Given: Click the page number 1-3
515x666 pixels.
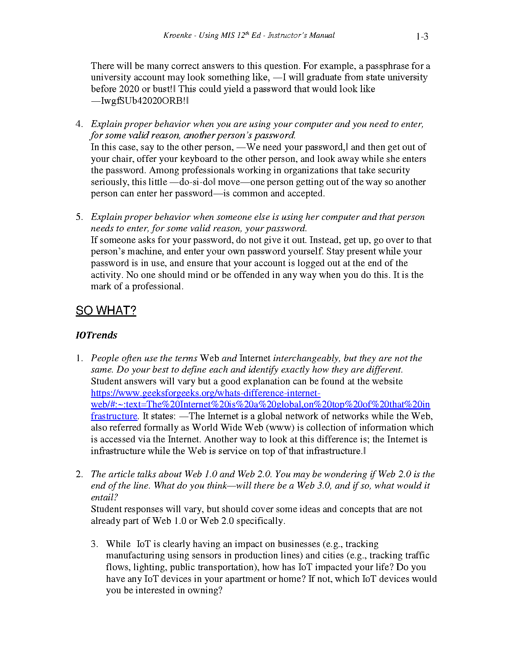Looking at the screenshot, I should (x=422, y=37).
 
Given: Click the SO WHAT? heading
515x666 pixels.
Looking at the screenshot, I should (x=106, y=311).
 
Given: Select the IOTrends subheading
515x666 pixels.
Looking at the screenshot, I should (x=96, y=335).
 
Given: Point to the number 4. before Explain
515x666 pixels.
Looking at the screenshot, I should (x=79, y=124).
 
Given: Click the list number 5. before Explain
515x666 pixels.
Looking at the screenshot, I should (x=79, y=217).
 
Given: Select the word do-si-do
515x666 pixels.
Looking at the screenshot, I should (x=196, y=182).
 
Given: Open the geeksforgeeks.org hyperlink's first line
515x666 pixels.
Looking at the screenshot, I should (x=205, y=393).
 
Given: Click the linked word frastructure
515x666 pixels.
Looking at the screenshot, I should (x=114, y=416).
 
